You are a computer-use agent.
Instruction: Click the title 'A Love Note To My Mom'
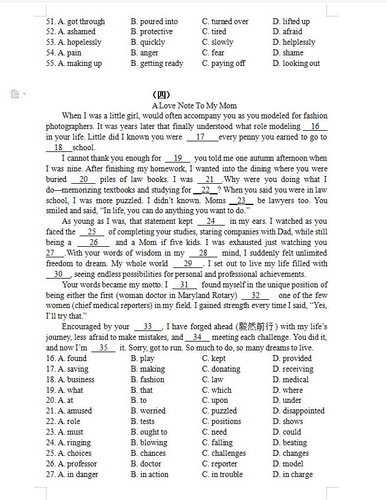click(x=194, y=105)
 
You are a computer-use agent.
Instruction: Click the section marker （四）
click(x=161, y=95)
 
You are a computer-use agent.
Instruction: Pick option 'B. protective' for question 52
click(x=152, y=32)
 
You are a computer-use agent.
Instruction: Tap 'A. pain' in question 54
click(x=70, y=53)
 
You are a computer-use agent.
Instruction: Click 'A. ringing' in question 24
click(x=74, y=443)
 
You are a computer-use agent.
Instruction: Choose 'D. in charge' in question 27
click(x=293, y=475)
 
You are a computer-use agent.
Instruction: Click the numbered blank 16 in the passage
click(x=315, y=127)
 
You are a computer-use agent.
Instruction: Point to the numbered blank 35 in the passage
click(x=104, y=348)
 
